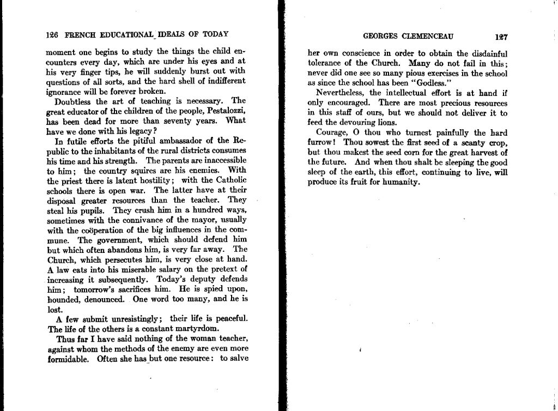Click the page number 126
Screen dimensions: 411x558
[52, 34]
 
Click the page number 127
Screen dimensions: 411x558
[501, 38]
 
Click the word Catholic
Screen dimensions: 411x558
[227, 180]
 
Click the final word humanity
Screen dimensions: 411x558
[399, 182]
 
